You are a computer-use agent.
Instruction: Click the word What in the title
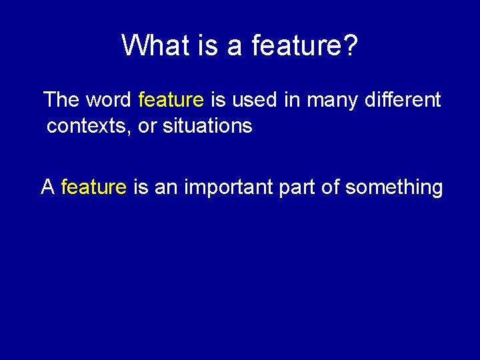point(151,45)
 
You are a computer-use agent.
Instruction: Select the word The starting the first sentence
point(61,100)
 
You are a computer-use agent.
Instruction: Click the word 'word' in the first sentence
point(109,100)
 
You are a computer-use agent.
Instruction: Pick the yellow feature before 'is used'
point(171,100)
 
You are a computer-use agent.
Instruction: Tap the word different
point(403,100)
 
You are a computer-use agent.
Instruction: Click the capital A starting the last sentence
point(47,187)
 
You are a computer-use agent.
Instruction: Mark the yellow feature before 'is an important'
point(93,187)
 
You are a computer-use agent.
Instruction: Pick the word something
point(394,187)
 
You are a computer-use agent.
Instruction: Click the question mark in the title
point(351,45)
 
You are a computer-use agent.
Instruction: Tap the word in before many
point(291,100)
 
